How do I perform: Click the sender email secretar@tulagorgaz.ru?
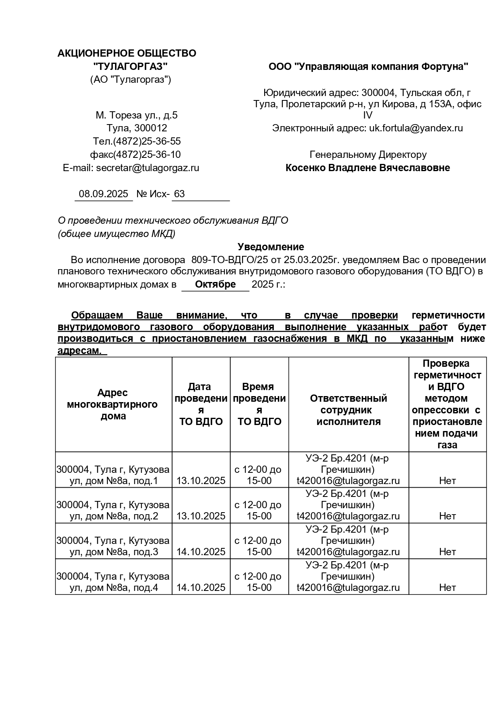click(x=148, y=168)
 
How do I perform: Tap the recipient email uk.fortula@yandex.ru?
click(x=416, y=128)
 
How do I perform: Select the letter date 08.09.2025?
click(x=103, y=194)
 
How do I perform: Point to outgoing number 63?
click(x=179, y=194)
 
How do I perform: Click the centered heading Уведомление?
click(x=271, y=247)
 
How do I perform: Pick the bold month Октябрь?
click(x=215, y=284)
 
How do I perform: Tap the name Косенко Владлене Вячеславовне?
click(x=368, y=168)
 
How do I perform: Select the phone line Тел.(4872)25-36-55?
click(x=137, y=141)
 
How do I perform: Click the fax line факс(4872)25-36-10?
click(x=135, y=155)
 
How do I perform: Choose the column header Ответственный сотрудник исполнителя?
click(x=348, y=410)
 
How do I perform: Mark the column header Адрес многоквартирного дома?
click(x=113, y=404)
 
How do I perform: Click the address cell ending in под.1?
click(x=113, y=475)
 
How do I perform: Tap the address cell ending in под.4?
click(x=113, y=582)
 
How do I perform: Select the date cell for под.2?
click(x=201, y=516)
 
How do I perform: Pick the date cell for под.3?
click(x=201, y=552)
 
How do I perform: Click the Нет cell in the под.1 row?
click(x=447, y=481)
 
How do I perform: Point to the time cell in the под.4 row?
click(x=259, y=582)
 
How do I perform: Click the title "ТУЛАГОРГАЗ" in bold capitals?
click(x=130, y=66)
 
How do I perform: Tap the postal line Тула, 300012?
click(x=137, y=128)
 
